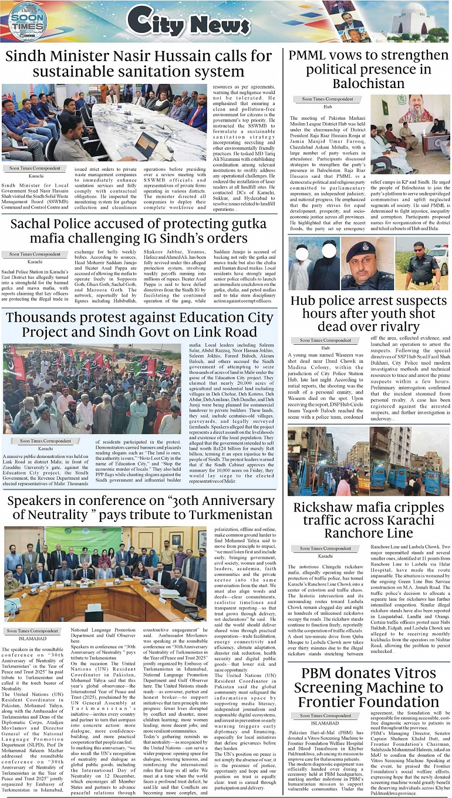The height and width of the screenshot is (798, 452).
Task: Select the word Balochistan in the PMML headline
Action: coord(369,83)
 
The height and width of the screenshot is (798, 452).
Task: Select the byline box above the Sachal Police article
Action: coord(35,254)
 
